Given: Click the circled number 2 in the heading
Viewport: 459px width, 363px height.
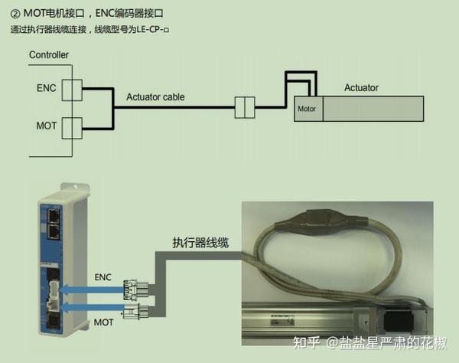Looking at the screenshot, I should [15, 13].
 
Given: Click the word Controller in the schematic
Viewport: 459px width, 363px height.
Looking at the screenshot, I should [49, 55].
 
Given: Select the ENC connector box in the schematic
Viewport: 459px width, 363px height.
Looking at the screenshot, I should [71, 89].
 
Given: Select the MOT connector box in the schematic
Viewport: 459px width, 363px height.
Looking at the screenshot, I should [71, 126].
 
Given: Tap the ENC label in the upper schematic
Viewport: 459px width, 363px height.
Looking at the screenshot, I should [46, 89].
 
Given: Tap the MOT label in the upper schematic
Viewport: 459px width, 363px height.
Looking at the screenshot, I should [46, 125].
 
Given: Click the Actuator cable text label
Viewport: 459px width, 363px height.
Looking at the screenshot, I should [155, 97].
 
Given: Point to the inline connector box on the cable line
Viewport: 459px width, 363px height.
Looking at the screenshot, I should [244, 107].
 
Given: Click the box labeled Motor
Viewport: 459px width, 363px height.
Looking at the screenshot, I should [308, 109].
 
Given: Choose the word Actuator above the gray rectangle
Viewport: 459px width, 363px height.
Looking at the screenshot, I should [361, 88].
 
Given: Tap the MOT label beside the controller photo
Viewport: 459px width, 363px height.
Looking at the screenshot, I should [103, 322].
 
